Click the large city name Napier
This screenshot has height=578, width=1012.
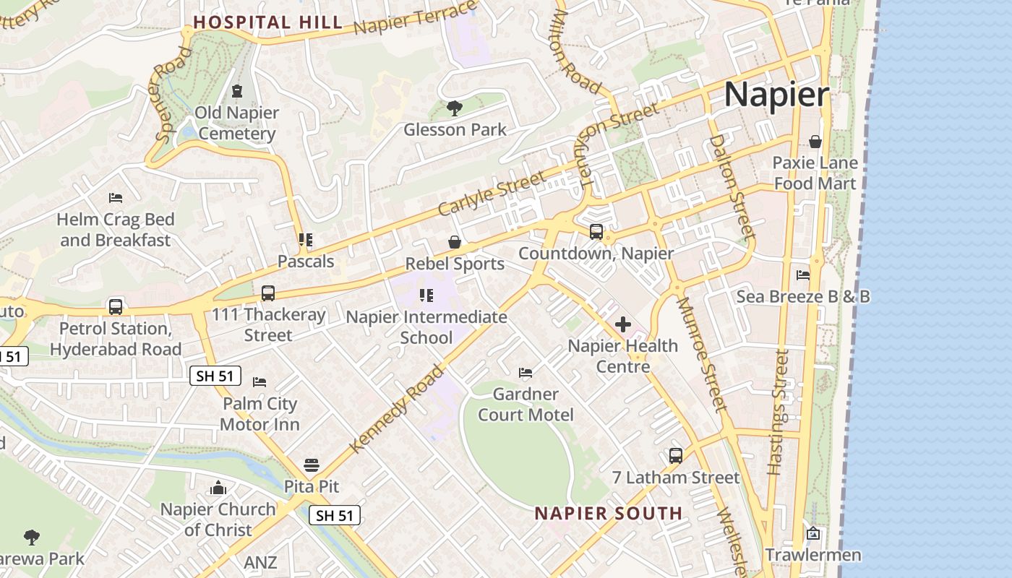click(x=776, y=95)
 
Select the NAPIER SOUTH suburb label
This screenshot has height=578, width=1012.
click(x=608, y=514)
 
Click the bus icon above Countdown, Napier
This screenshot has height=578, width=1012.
click(x=596, y=232)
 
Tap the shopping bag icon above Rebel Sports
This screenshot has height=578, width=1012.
click(x=455, y=242)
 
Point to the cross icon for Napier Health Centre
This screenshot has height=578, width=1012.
click(x=622, y=324)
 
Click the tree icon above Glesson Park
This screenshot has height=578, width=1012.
click(x=455, y=109)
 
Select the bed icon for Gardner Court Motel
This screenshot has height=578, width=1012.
click(x=526, y=373)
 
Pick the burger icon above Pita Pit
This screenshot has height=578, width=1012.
click(x=312, y=465)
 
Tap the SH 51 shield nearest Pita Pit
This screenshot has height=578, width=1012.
click(x=335, y=515)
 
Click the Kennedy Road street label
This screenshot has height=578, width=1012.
click(x=398, y=409)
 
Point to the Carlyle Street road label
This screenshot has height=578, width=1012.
click(x=492, y=193)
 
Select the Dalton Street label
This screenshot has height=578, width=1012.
click(x=732, y=186)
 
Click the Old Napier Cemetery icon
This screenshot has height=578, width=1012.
click(x=236, y=91)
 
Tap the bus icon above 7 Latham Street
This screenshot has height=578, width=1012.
click(x=676, y=456)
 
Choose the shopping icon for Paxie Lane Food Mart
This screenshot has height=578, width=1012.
click(x=815, y=142)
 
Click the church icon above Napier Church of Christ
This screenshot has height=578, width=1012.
click(x=218, y=488)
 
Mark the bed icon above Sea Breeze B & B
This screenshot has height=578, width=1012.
click(x=803, y=275)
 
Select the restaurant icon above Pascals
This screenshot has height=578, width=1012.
click(x=306, y=240)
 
